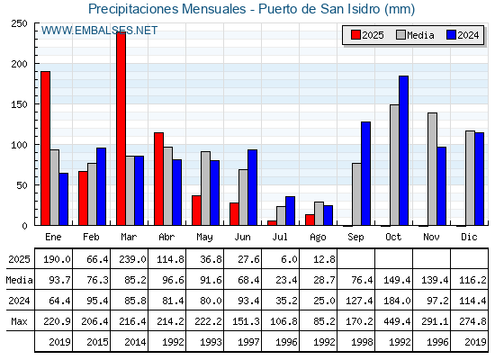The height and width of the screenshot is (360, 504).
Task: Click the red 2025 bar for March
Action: [121, 129]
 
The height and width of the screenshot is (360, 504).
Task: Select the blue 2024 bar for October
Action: [404, 151]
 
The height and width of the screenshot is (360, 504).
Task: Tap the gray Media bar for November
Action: [432, 169]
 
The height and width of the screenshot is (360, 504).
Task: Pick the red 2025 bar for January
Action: [45, 148]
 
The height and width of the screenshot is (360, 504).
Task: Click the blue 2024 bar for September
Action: [365, 174]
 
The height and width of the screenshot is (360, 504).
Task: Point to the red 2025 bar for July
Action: [272, 223]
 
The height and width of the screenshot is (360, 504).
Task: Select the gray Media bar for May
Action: [206, 188]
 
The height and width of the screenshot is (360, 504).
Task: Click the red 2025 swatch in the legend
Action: [355, 35]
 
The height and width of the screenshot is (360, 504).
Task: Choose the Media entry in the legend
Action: [415, 35]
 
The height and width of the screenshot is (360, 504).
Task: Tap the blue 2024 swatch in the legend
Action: [451, 35]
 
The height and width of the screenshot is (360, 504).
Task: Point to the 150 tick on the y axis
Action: [19, 104]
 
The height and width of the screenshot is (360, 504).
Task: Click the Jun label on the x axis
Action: [242, 238]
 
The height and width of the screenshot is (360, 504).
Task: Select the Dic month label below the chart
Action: [469, 237]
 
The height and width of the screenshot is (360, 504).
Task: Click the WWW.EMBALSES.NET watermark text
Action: [99, 31]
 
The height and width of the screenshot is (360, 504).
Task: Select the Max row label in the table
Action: [19, 321]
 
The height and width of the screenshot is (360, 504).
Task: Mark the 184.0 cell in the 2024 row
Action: [397, 301]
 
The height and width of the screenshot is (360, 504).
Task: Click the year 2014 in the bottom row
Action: [135, 342]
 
